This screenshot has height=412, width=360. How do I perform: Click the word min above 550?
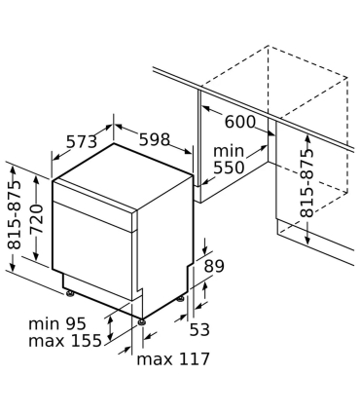tap(230, 151)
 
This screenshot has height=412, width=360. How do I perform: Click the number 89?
tap(215, 266)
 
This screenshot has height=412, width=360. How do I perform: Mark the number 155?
tap(85, 341)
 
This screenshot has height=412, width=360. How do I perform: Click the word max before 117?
tap(155, 359)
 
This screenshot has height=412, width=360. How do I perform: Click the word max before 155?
tap(46, 341)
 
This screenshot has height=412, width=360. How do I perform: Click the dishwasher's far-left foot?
tap(67, 289)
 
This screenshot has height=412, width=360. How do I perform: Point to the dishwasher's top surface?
tap(122, 176)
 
